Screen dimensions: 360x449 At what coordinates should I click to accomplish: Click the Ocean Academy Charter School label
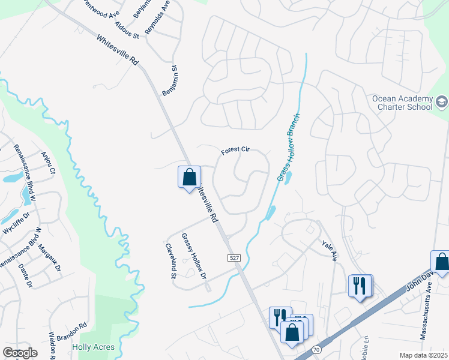[402, 103]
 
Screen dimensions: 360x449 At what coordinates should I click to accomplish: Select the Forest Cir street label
[235, 151]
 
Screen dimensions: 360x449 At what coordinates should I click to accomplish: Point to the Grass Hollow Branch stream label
[289, 147]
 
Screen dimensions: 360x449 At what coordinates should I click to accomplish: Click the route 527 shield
[234, 257]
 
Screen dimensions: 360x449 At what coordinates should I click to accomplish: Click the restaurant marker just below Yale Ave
[360, 285]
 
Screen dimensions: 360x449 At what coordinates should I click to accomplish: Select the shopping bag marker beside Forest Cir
[189, 177]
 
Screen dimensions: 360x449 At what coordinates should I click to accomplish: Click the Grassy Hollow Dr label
[193, 257]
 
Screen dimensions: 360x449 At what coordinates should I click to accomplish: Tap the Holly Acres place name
[89, 347]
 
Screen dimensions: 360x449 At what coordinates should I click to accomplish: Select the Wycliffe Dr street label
[16, 222]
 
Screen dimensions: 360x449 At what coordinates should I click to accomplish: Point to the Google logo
[20, 353]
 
